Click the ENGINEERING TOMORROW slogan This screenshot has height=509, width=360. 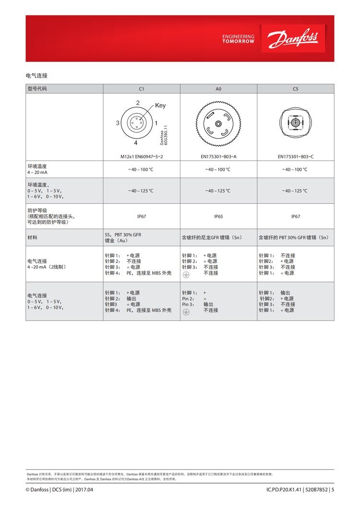[x=239, y=39]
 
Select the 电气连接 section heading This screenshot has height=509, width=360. [x=36, y=76]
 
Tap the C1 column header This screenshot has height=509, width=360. [x=142, y=89]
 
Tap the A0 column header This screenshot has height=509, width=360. [x=218, y=89]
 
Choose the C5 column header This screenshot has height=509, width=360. [x=296, y=89]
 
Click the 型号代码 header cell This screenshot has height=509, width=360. [x=38, y=89]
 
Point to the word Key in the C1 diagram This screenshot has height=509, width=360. [x=160, y=106]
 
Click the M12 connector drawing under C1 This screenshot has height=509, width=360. [x=136, y=123]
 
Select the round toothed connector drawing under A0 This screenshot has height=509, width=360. [x=218, y=123]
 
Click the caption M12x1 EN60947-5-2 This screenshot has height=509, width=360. [x=142, y=156]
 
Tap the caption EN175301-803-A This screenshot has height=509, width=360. [x=218, y=156]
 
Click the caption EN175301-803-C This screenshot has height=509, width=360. [x=296, y=156]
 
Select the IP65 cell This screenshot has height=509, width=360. [x=218, y=216]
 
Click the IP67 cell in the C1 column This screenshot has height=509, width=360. [x=142, y=216]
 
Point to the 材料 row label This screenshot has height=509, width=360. [x=32, y=237]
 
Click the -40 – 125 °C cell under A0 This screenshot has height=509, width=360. [x=218, y=191]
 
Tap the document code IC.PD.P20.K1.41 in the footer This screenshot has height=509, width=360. [x=284, y=490]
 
